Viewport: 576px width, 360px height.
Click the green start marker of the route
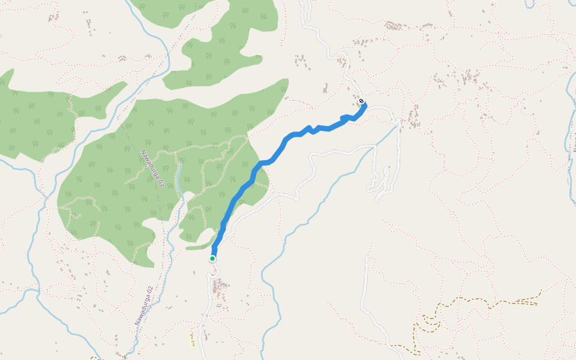pos(212,259)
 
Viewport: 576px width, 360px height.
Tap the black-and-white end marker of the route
pos(362,101)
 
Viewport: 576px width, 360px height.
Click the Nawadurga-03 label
pos(153,169)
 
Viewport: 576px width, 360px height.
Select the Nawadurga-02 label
pos(144,305)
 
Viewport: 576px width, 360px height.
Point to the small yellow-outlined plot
pos(191,340)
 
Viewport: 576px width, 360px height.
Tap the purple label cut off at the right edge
pos(574,144)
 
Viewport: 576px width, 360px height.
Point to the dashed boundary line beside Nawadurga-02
pos(161,276)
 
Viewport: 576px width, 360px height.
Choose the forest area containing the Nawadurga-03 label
pos(120,192)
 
